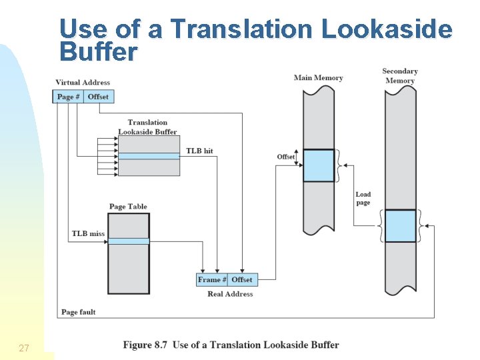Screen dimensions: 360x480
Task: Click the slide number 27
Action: [x=24, y=348]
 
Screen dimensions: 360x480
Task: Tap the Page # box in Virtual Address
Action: [x=69, y=97]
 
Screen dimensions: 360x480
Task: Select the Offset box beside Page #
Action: [x=98, y=97]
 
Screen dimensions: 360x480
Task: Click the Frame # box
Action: [x=212, y=280]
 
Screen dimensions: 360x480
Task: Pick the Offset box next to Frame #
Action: [x=242, y=280]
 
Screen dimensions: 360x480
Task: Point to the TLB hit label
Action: [x=199, y=151]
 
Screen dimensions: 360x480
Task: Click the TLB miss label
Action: [x=88, y=234]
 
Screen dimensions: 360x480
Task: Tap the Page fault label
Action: [x=79, y=312]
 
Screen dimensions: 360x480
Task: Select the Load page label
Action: [x=363, y=199]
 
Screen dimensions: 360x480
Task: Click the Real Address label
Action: [x=230, y=294]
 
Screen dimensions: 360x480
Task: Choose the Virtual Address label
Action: [x=83, y=83]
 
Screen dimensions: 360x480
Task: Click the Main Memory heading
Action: [x=318, y=78]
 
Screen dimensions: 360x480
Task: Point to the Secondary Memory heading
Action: [x=400, y=76]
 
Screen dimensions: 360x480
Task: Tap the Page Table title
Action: [x=128, y=207]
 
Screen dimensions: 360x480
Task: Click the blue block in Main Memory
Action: [x=319, y=165]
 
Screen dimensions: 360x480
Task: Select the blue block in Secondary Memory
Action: [x=400, y=226]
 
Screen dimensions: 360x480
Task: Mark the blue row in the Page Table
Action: [x=129, y=241]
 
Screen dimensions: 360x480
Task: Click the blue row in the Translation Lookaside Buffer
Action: [x=149, y=156]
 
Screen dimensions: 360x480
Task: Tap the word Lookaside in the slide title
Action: [x=387, y=29]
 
